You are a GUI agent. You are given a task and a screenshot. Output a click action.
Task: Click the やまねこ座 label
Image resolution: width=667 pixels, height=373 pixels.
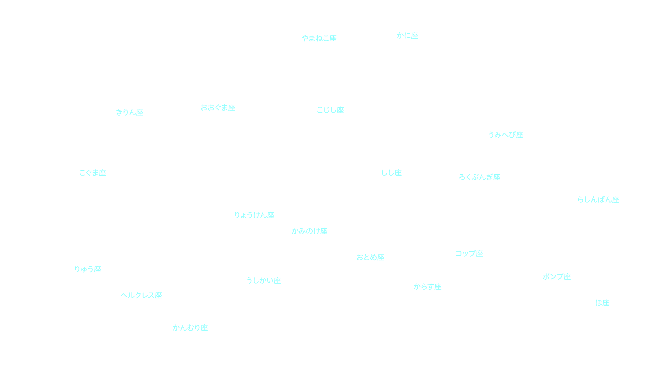pyautogui.click(x=319, y=38)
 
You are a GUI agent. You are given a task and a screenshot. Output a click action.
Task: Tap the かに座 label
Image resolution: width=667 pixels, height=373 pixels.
pyautogui.click(x=407, y=36)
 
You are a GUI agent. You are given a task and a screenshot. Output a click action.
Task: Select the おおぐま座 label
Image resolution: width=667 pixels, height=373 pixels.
pyautogui.click(x=218, y=108)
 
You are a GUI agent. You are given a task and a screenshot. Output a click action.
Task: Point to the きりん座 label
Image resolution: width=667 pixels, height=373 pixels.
pyautogui.click(x=130, y=112)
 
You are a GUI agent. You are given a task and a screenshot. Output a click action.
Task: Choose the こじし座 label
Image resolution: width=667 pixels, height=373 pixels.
pyautogui.click(x=330, y=110)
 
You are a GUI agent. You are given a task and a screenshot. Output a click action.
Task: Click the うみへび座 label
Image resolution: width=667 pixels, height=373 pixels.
pyautogui.click(x=506, y=135)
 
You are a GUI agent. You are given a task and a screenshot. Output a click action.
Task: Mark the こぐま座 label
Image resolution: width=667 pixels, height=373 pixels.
pyautogui.click(x=93, y=173)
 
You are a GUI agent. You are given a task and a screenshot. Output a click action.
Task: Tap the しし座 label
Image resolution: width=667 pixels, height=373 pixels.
pyautogui.click(x=391, y=173)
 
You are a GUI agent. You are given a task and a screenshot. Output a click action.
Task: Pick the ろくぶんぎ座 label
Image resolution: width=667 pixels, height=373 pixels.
pyautogui.click(x=479, y=177)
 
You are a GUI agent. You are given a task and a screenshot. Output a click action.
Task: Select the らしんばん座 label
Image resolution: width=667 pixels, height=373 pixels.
pyautogui.click(x=598, y=200)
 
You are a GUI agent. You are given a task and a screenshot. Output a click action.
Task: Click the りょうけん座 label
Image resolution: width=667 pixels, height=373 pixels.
pyautogui.click(x=254, y=215)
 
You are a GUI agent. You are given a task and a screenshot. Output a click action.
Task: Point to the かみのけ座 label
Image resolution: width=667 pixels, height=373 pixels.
pyautogui.click(x=309, y=231)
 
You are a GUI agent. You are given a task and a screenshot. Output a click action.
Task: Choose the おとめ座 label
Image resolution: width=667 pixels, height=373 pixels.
pyautogui.click(x=370, y=257)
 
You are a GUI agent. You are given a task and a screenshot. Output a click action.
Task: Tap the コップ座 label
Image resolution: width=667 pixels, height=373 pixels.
pyautogui.click(x=469, y=253)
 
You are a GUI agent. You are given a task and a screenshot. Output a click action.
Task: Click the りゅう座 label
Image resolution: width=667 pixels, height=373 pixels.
pyautogui.click(x=88, y=269)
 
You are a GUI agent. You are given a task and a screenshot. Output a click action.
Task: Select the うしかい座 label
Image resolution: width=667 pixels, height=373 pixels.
pyautogui.click(x=264, y=281)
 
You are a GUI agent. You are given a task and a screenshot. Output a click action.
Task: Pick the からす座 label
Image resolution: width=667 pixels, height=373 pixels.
pyautogui.click(x=428, y=287)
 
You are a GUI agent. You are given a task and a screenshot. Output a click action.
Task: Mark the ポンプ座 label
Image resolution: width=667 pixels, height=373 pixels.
pyautogui.click(x=557, y=277)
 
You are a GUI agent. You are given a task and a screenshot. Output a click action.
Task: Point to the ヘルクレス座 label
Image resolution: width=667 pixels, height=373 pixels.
pyautogui.click(x=141, y=295)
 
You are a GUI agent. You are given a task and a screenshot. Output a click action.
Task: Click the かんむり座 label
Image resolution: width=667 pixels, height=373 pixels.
pyautogui.click(x=190, y=328)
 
